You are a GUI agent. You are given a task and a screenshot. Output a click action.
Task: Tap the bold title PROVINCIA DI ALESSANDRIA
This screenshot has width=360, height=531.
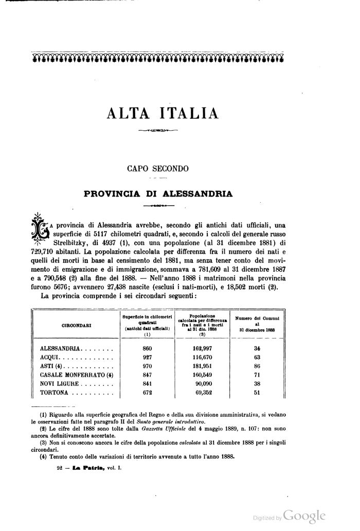tap(158, 194)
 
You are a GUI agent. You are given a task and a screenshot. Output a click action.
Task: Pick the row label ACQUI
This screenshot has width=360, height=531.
tap(51, 357)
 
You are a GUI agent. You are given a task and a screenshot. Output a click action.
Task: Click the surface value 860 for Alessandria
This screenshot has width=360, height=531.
tap(147, 348)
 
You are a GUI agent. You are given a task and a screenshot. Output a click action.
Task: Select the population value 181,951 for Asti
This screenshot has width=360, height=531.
tap(202, 366)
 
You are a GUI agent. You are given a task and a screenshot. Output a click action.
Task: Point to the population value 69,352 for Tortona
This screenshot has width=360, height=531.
tap(204, 393)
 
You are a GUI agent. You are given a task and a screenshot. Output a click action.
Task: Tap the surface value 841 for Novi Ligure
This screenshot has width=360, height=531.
tap(147, 384)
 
